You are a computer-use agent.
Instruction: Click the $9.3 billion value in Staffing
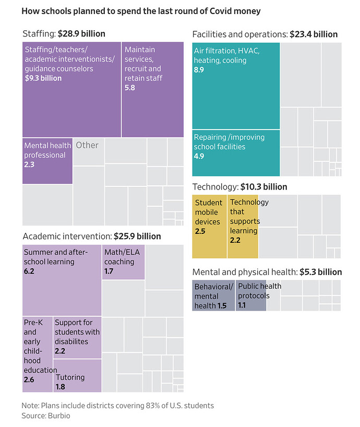(43, 78)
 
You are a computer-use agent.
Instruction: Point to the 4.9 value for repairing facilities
(199, 157)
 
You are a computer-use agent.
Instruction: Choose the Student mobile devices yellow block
(209, 227)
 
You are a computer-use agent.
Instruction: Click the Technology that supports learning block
(243, 227)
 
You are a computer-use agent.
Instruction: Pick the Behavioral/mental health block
(213, 295)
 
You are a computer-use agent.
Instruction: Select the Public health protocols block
(251, 295)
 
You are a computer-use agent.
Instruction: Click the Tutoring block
(77, 380)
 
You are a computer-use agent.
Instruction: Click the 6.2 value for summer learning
(29, 272)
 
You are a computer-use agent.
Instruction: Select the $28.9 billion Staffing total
(82, 34)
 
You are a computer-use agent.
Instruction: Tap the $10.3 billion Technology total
(263, 187)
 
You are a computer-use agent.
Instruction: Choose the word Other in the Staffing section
(87, 145)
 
